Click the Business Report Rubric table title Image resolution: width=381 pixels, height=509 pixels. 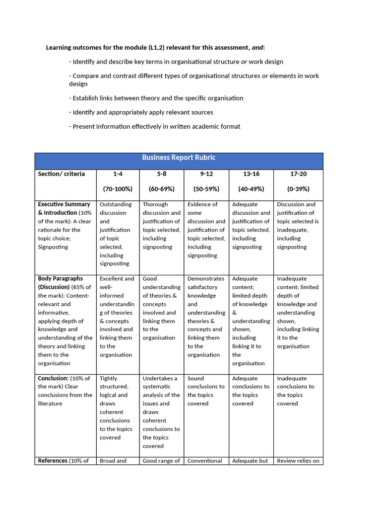(179, 158)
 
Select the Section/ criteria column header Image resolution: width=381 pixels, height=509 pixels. (62, 174)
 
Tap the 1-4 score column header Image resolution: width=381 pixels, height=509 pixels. (118, 174)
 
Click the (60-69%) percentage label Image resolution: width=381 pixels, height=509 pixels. (161, 189)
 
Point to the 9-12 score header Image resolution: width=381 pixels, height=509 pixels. (205, 174)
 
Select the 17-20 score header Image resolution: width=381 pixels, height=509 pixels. (298, 174)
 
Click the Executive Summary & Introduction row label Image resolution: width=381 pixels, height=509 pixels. (64, 208)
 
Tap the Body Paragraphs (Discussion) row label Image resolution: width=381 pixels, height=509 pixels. (61, 283)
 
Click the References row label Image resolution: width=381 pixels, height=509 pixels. (53, 461)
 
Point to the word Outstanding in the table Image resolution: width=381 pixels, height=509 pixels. (116, 204)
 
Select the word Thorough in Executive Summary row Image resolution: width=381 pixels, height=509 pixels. (155, 204)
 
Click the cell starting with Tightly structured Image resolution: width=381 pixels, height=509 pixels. (116, 408)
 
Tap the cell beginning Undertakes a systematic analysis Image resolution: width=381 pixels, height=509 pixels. (161, 412)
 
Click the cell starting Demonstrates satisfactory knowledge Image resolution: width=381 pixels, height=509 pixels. (206, 317)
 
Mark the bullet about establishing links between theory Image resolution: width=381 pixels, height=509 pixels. (156, 98)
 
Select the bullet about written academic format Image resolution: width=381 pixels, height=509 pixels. (154, 127)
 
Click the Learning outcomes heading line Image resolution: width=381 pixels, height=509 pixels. (155, 48)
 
